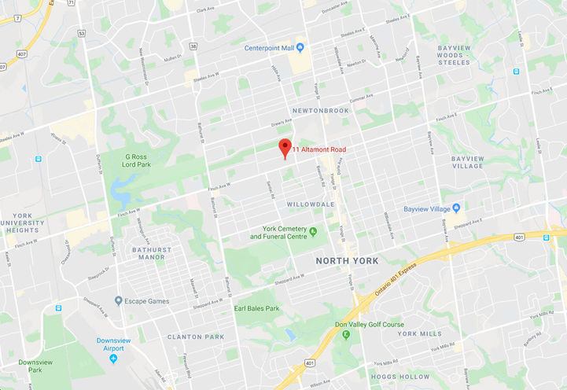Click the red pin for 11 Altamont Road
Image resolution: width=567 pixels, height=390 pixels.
click(x=285, y=147)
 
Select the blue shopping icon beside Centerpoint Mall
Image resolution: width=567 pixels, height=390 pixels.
click(x=300, y=48)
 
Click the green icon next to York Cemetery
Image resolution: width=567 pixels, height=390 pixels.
click(x=313, y=231)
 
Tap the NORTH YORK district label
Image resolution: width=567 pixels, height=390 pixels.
click(x=347, y=260)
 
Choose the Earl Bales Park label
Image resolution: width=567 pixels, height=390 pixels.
click(x=256, y=308)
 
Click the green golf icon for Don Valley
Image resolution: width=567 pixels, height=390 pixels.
click(x=346, y=334)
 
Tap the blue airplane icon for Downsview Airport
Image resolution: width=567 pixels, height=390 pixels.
click(x=114, y=359)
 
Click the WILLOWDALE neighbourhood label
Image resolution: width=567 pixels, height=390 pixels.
click(x=312, y=204)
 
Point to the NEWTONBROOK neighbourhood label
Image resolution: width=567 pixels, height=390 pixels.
click(x=319, y=111)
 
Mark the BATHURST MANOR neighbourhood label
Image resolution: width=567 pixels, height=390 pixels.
click(x=142, y=252)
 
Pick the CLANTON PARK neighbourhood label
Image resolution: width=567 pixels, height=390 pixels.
click(x=196, y=337)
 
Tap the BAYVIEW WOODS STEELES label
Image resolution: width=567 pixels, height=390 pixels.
click(x=465, y=55)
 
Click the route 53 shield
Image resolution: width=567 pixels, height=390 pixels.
click(x=81, y=34)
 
